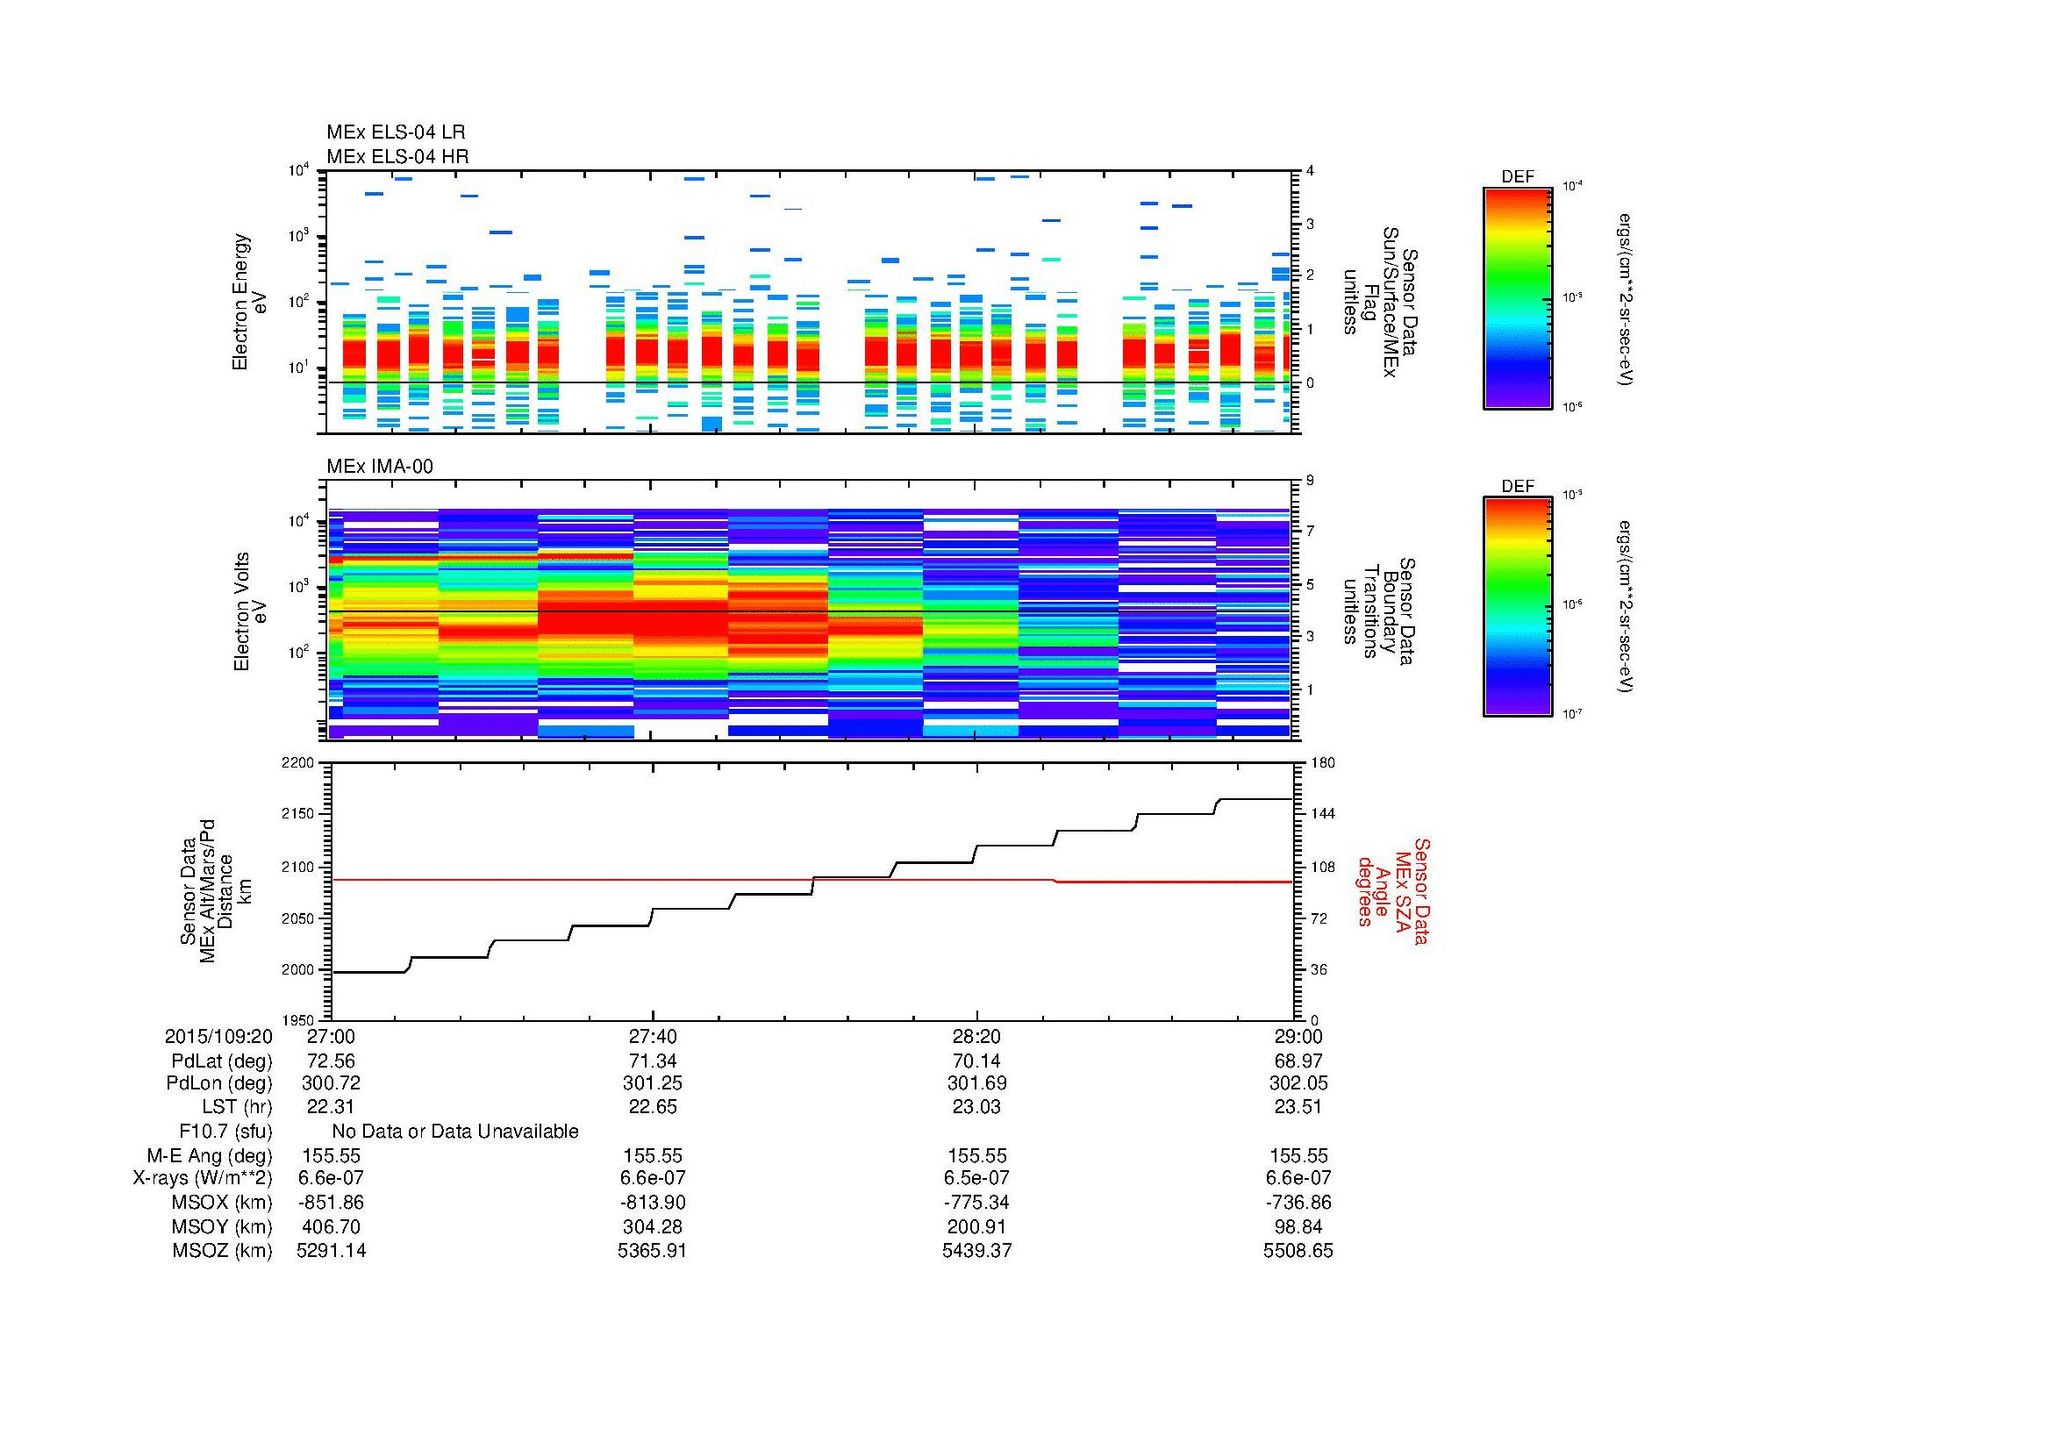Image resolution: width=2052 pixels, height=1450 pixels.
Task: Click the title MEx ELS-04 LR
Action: tap(396, 132)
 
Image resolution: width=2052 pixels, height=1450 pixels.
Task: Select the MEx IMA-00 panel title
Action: tap(380, 467)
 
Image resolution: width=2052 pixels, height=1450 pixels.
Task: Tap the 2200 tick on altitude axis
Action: tap(298, 763)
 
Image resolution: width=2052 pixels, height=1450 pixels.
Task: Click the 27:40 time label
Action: tap(653, 1036)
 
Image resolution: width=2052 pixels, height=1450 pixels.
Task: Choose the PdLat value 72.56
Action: tap(331, 1061)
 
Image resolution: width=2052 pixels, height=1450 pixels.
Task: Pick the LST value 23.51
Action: tap(1298, 1107)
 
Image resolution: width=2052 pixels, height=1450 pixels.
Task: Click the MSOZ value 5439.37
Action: tap(976, 1251)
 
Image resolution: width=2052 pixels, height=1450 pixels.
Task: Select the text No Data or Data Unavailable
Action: tap(455, 1132)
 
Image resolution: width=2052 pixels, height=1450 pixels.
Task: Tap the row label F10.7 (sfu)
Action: tap(225, 1132)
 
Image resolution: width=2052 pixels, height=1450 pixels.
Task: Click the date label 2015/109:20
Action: tap(218, 1036)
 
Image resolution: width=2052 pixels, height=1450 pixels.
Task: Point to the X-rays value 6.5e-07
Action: tap(976, 1178)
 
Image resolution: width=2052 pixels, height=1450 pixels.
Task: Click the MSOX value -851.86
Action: tap(331, 1203)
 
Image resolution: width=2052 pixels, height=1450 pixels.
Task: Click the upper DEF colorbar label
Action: tap(1518, 177)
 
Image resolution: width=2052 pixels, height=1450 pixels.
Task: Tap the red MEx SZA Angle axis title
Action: tap(1392, 890)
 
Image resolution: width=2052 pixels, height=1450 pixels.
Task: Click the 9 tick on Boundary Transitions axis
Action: tap(1310, 480)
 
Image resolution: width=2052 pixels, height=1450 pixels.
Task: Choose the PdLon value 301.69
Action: tap(976, 1082)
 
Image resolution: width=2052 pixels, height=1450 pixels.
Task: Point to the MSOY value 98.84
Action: tap(1298, 1226)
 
